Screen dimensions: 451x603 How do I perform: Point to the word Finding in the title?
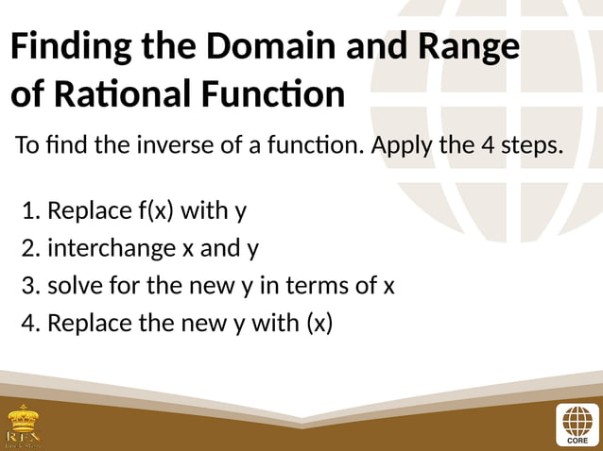(70, 47)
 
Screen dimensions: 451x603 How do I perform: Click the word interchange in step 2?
(111, 248)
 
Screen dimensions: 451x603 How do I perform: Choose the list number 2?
(28, 248)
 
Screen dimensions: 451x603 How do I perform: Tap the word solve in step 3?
(73, 286)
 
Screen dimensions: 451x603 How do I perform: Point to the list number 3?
(28, 286)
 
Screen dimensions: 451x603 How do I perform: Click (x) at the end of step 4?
(319, 324)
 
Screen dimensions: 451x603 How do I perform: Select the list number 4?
(28, 324)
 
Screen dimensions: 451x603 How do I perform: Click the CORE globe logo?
(577, 424)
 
